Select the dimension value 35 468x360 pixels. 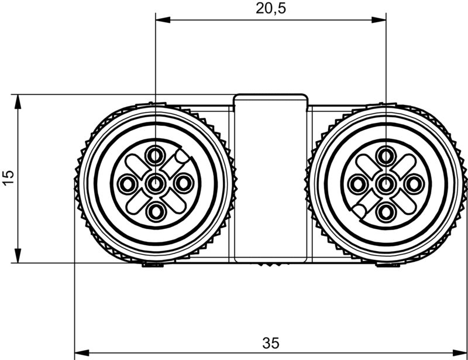pyautogui.click(x=270, y=341)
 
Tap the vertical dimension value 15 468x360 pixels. pyautogui.click(x=8, y=179)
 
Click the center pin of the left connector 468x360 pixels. pyautogui.click(x=155, y=184)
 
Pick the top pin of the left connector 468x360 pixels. pyautogui.click(x=155, y=156)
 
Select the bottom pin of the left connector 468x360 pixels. pyautogui.click(x=155, y=212)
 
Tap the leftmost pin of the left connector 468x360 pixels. pyautogui.click(x=126, y=184)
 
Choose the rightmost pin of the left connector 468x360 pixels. pyautogui.click(x=183, y=184)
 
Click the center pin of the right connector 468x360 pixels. pyautogui.click(x=386, y=184)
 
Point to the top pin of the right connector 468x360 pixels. pyautogui.click(x=386, y=156)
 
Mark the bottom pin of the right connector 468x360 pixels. pyautogui.click(x=386, y=212)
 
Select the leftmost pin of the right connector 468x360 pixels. pyautogui.click(x=357, y=184)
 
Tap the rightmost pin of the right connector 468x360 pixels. pyautogui.click(x=414, y=184)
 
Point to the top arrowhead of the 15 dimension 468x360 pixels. pyautogui.click(x=18, y=101)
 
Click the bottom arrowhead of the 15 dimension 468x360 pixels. pyautogui.click(x=18, y=256)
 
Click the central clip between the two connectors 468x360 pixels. pyautogui.click(x=270, y=178)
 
